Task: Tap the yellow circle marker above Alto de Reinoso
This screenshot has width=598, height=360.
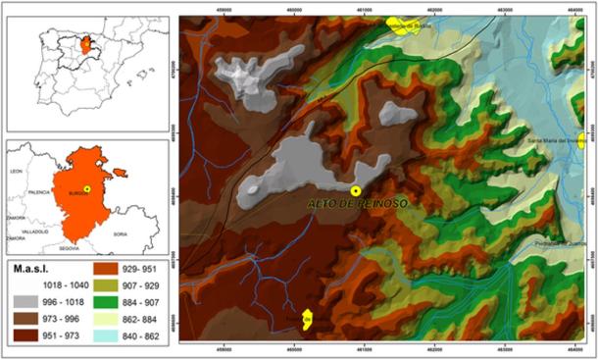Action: point(356,189)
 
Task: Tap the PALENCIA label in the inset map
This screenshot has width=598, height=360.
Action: point(40,192)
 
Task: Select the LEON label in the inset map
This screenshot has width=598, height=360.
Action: point(17,172)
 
